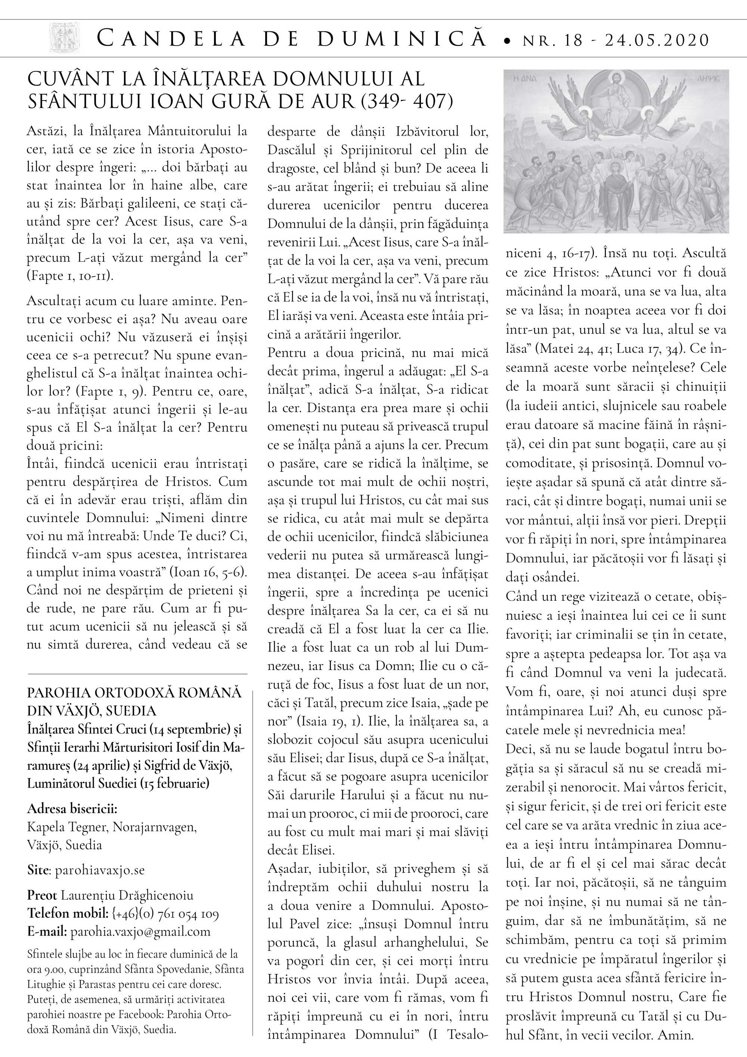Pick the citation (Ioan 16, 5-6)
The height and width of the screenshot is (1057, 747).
click(208, 572)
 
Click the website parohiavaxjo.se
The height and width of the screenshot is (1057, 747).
click(100, 870)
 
